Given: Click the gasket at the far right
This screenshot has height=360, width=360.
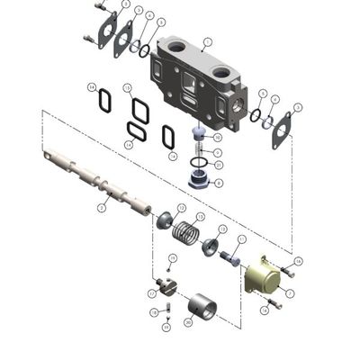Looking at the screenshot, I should pos(283,129).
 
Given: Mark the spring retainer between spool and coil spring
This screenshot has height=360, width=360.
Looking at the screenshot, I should pos(165,220).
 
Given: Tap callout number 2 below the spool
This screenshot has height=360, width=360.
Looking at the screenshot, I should pos(101,208).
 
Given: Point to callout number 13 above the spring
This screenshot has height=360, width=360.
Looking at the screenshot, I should pos(200,218).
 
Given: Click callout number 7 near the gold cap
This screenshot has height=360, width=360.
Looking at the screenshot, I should pos(288,291).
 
